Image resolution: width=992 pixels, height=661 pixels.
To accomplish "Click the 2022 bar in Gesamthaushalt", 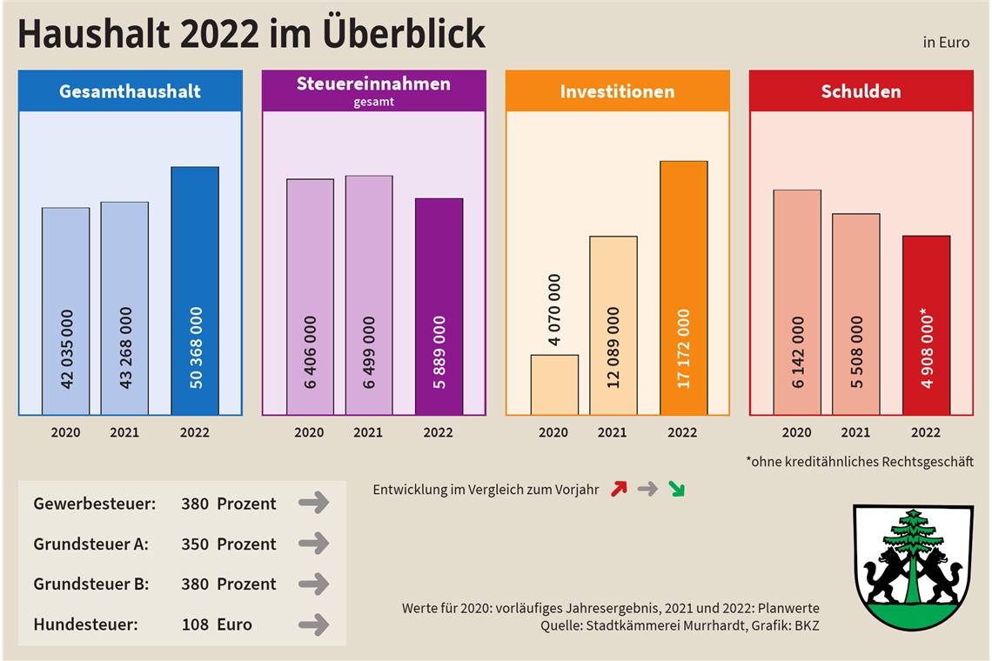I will click(x=195, y=290).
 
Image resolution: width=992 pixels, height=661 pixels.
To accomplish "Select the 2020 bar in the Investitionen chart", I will click(x=554, y=384).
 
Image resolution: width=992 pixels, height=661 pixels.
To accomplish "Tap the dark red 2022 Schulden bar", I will click(x=926, y=324).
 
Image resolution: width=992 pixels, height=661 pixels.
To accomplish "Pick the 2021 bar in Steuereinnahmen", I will click(x=368, y=295).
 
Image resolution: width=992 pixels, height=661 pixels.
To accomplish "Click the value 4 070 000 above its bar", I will click(x=554, y=310).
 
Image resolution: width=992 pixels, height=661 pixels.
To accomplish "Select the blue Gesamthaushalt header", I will click(x=131, y=91).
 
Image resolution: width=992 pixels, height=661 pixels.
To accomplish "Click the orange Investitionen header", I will click(x=617, y=91).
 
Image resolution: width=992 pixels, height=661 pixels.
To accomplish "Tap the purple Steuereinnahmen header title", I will click(x=373, y=84).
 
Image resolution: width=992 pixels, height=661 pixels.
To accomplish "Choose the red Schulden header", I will click(x=861, y=91).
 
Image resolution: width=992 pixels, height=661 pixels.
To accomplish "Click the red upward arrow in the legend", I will click(x=619, y=489).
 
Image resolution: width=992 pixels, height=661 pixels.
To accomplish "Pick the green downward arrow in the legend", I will click(x=676, y=489).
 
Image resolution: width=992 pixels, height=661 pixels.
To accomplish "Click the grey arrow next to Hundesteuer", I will click(x=313, y=624).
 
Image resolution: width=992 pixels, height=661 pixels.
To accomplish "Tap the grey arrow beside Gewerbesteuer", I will click(x=313, y=503).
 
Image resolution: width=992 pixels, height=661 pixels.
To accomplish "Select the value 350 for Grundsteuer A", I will click(x=195, y=544).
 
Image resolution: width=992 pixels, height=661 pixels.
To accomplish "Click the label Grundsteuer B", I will click(x=91, y=584).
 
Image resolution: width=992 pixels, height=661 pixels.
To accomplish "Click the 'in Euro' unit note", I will click(x=947, y=43).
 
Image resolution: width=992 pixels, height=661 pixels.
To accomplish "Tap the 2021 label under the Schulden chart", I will click(x=855, y=432).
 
